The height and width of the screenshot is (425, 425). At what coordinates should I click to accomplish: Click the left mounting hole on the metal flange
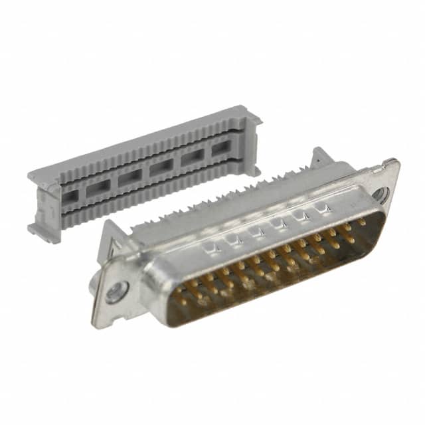coord(118,290)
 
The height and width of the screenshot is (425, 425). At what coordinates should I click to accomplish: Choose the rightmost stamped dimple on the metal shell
coord(325,209)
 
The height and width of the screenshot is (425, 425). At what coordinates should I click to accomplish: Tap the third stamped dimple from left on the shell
coord(257,232)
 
